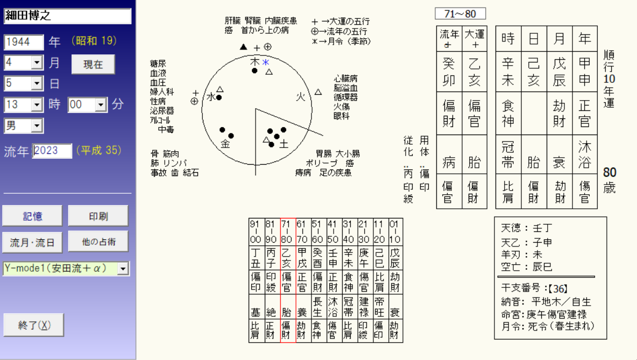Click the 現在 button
(93, 65)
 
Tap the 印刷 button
(98, 216)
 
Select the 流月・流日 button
(32, 242)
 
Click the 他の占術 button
(98, 242)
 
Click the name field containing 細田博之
(67, 16)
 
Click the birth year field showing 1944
(24, 42)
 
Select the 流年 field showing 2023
(52, 151)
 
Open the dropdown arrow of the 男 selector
(37, 126)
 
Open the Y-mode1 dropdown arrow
(123, 268)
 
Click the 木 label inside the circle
(254, 62)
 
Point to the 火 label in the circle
(301, 97)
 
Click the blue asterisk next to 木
(265, 62)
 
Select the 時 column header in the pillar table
(508, 39)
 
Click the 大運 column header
(475, 39)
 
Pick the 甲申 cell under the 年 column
(585, 72)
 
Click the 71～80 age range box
(460, 14)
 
